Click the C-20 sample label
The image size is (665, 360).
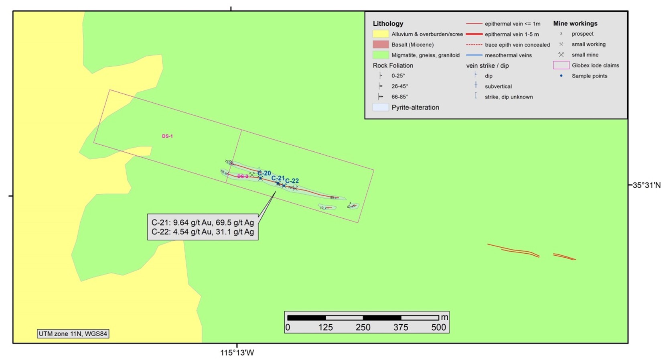[264, 173]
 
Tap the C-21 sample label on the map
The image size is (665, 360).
[278, 178]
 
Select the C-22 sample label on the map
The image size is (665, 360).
[292, 181]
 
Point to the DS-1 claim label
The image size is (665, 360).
[167, 136]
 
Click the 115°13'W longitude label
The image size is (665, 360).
[237, 353]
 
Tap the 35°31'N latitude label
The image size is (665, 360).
[647, 185]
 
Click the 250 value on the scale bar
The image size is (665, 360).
[363, 327]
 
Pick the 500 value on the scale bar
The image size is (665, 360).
[438, 327]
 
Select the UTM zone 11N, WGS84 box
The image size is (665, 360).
[73, 334]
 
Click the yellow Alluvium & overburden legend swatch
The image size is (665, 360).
[381, 34]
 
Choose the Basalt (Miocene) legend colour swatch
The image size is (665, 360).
[381, 45]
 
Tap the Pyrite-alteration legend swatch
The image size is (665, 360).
[381, 107]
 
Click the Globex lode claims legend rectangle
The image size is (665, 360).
[561, 65]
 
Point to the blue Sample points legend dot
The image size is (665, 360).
[561, 76]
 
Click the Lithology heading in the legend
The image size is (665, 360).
[388, 24]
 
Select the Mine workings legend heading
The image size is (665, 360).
[575, 23]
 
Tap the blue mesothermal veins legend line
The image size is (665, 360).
[474, 55]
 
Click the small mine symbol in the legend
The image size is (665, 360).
[561, 55]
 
